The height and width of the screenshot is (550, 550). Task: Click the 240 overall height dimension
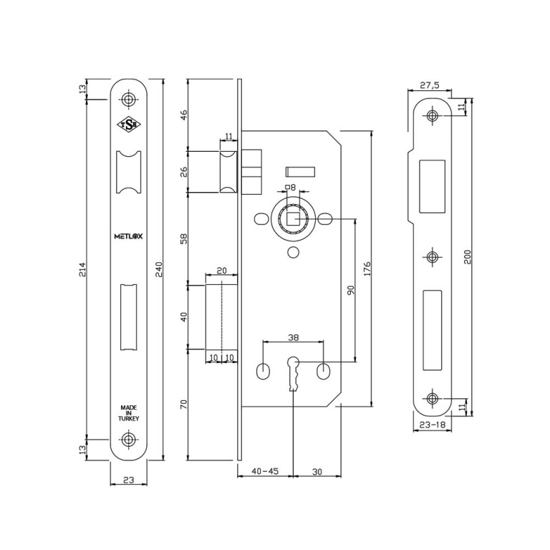point(158,269)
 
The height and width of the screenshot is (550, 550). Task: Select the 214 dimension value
point(82,269)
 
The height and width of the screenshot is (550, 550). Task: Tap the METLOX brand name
point(128,236)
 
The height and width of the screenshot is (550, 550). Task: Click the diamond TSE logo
point(129,125)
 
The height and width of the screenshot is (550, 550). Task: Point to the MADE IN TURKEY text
point(129,412)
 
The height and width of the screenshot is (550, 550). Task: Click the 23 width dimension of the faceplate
point(129,480)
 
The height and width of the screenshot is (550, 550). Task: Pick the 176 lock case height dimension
point(367,269)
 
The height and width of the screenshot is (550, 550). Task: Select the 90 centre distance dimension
point(351,290)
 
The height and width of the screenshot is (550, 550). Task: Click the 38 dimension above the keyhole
point(293,337)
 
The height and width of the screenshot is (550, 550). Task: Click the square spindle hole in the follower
point(292,219)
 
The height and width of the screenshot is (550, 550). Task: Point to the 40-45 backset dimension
point(265,471)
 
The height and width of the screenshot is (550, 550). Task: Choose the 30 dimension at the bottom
point(317,472)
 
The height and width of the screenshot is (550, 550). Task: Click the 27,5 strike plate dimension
point(430,85)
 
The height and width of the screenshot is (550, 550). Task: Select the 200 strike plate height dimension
point(467,257)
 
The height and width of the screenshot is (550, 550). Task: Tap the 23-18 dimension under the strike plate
point(432,425)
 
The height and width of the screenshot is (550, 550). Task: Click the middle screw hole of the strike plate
point(433,257)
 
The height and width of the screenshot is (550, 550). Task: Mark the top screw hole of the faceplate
point(129,100)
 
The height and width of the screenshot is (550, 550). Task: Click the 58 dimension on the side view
point(184,238)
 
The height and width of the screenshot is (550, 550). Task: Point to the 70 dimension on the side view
point(184,405)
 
